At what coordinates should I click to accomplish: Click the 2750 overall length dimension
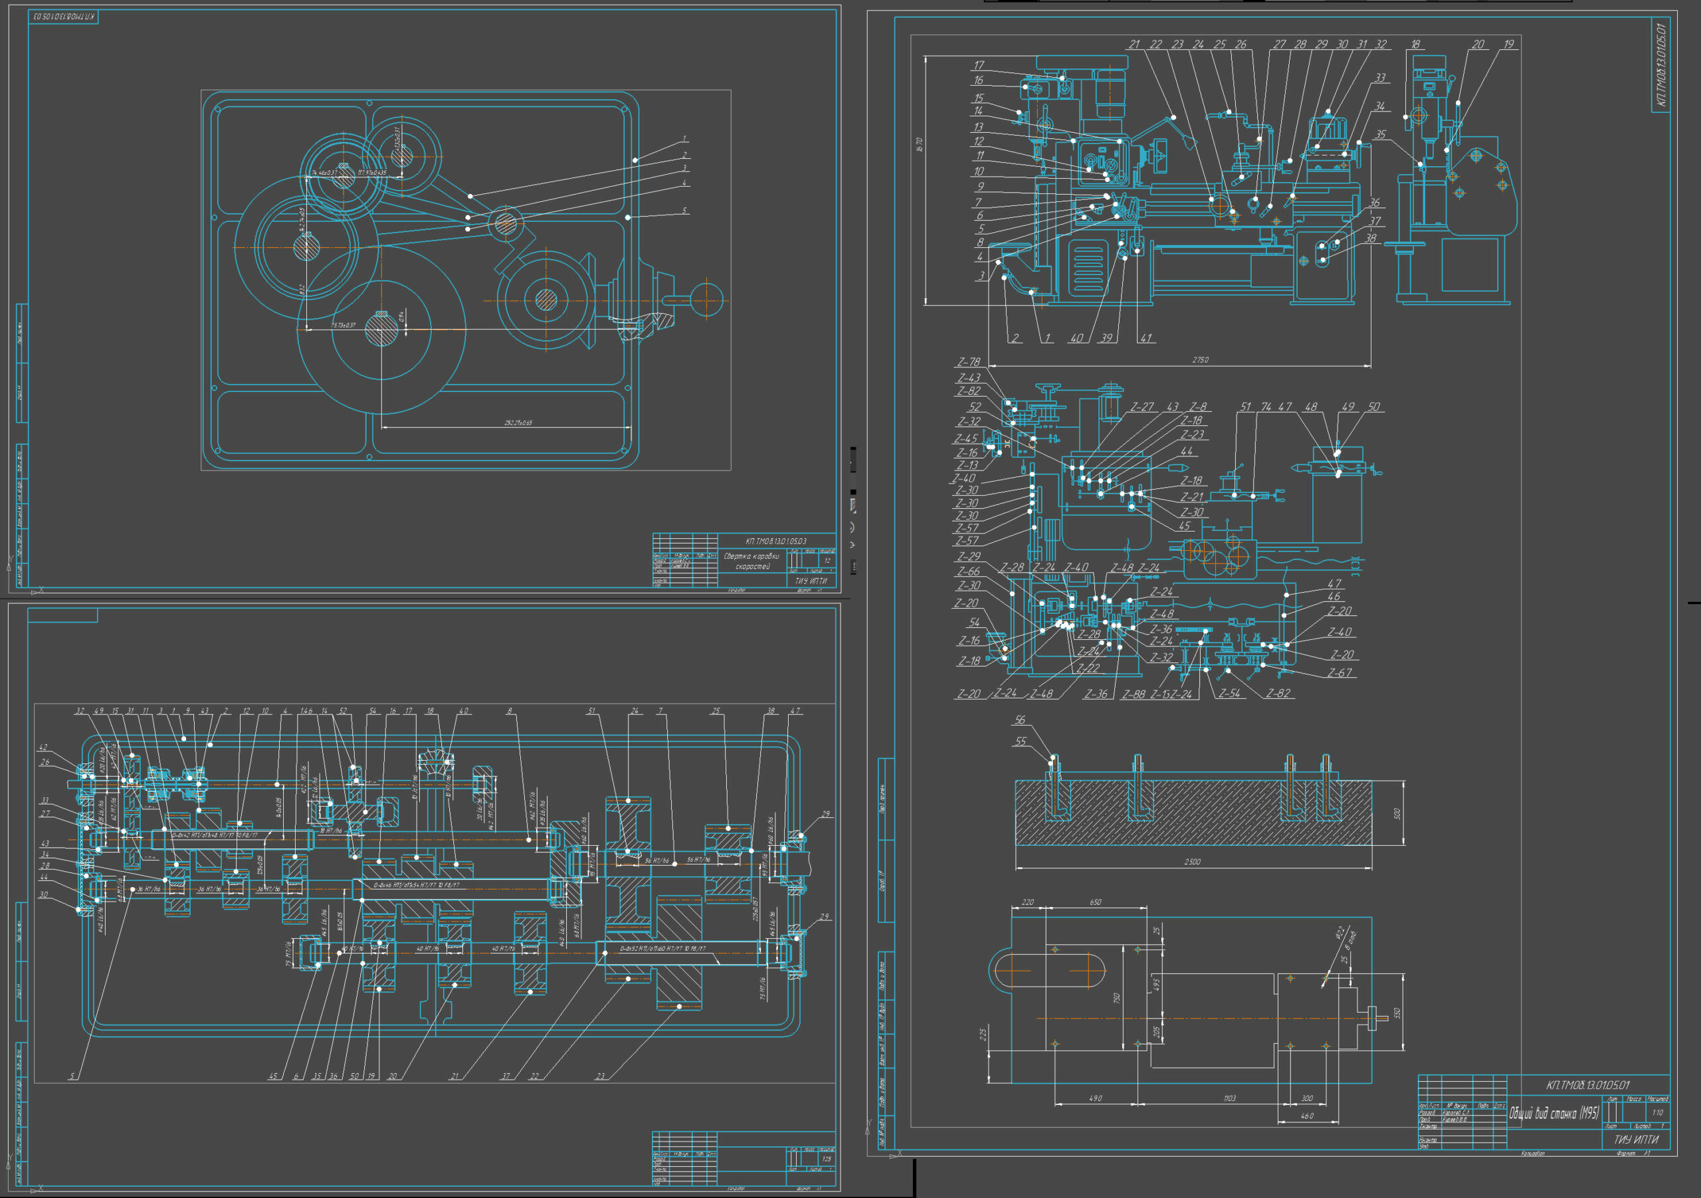(1199, 360)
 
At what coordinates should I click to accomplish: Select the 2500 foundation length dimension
(1191, 862)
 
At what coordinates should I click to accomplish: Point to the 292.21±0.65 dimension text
(518, 423)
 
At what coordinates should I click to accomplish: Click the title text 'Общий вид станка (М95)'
(1554, 1113)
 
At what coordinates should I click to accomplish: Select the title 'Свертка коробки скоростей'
(751, 561)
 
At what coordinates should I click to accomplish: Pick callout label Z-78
(968, 362)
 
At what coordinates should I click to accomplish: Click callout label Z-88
(1134, 694)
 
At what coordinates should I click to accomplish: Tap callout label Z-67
(1340, 672)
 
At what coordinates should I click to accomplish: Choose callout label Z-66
(968, 571)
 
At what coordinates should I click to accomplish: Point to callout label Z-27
(1142, 407)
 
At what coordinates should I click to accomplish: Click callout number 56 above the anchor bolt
(1020, 720)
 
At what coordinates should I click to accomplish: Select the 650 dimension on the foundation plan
(1095, 902)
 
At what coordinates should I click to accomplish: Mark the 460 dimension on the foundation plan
(1306, 1116)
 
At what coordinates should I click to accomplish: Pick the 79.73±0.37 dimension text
(343, 325)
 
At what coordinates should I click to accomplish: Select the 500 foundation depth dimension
(1397, 813)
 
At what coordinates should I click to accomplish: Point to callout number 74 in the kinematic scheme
(1266, 407)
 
